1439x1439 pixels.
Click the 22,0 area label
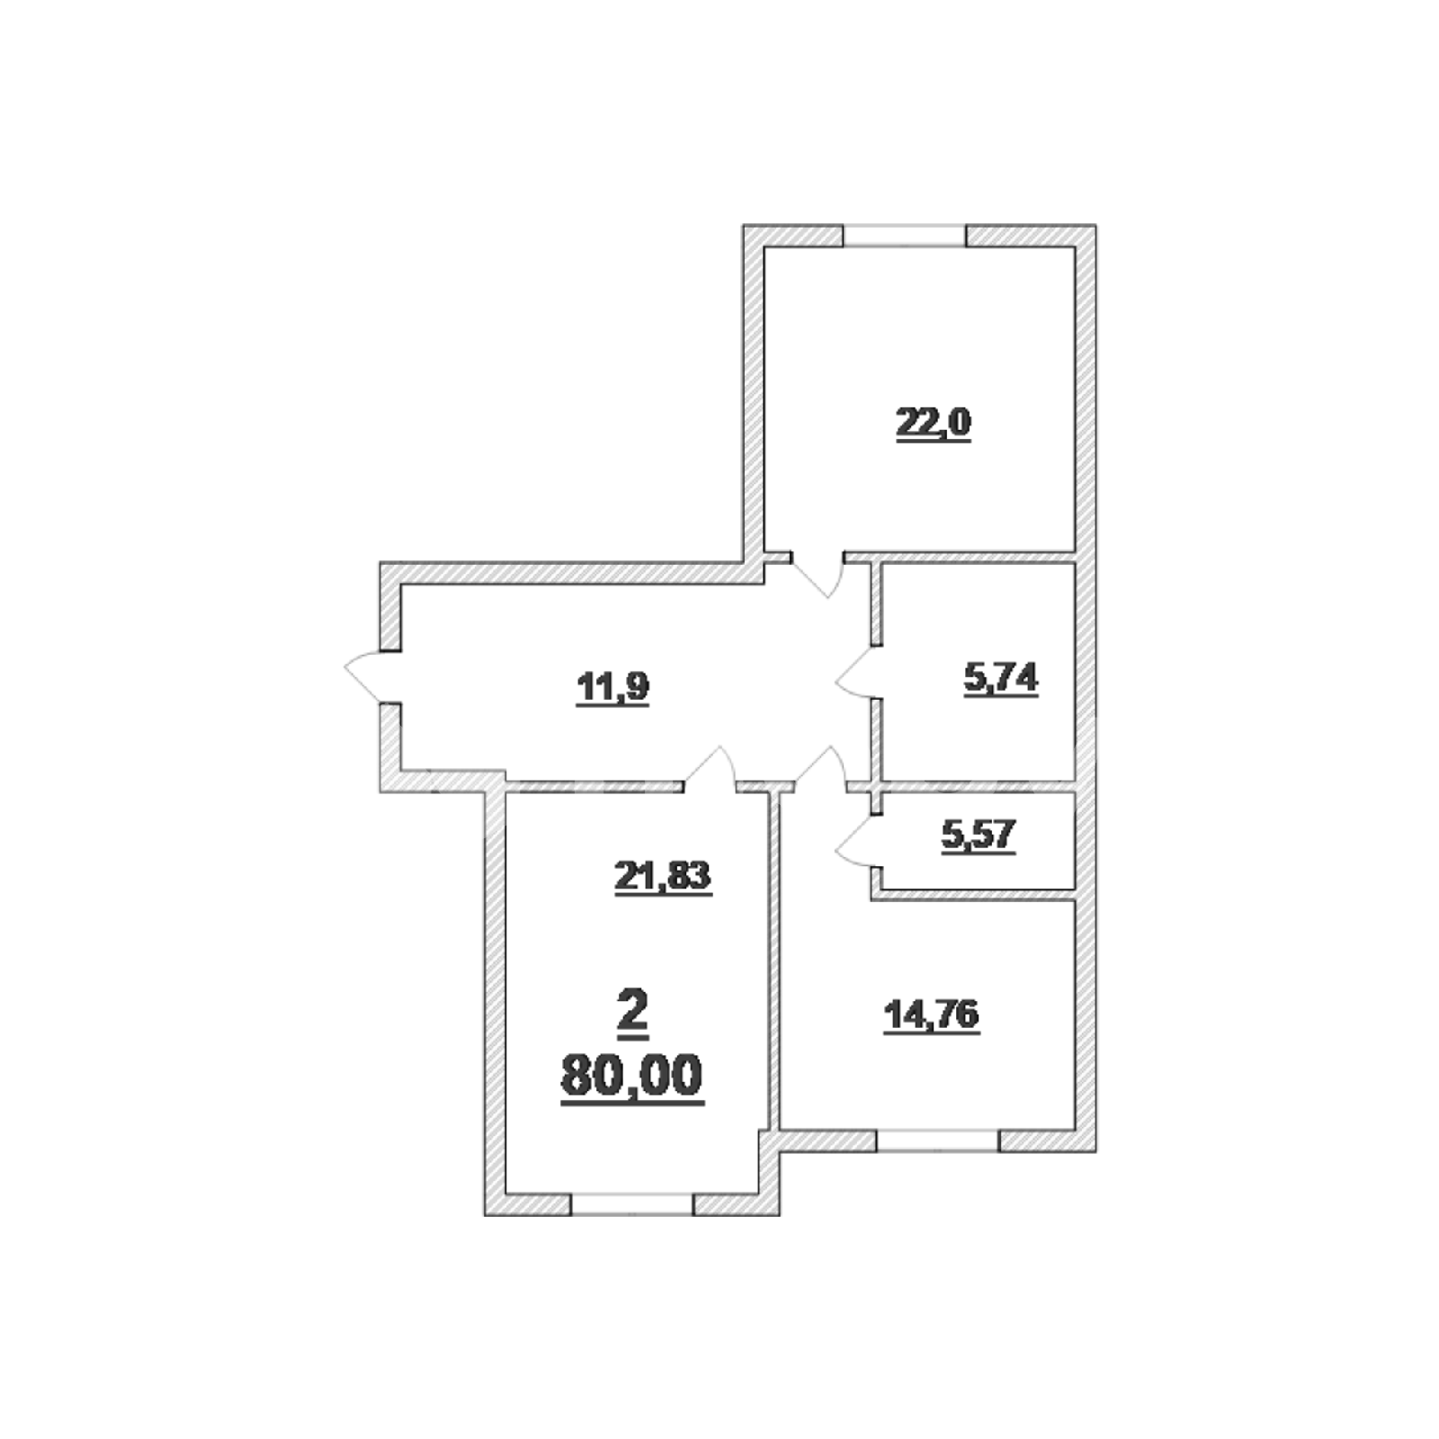(x=934, y=423)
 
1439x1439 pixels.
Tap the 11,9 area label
(x=612, y=689)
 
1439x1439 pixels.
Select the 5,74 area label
(x=1001, y=678)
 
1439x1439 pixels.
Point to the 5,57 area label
(x=979, y=836)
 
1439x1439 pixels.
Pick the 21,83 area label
(x=663, y=877)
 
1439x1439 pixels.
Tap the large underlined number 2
(x=633, y=1010)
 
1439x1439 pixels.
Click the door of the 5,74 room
(x=856, y=672)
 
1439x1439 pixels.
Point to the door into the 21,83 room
(x=711, y=769)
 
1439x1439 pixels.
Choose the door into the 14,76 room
(x=820, y=769)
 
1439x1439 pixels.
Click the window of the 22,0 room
(x=905, y=236)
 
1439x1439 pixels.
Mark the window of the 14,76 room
(x=938, y=1140)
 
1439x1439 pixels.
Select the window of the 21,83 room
(x=633, y=1204)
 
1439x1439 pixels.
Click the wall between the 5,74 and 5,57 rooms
(x=979, y=786)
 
